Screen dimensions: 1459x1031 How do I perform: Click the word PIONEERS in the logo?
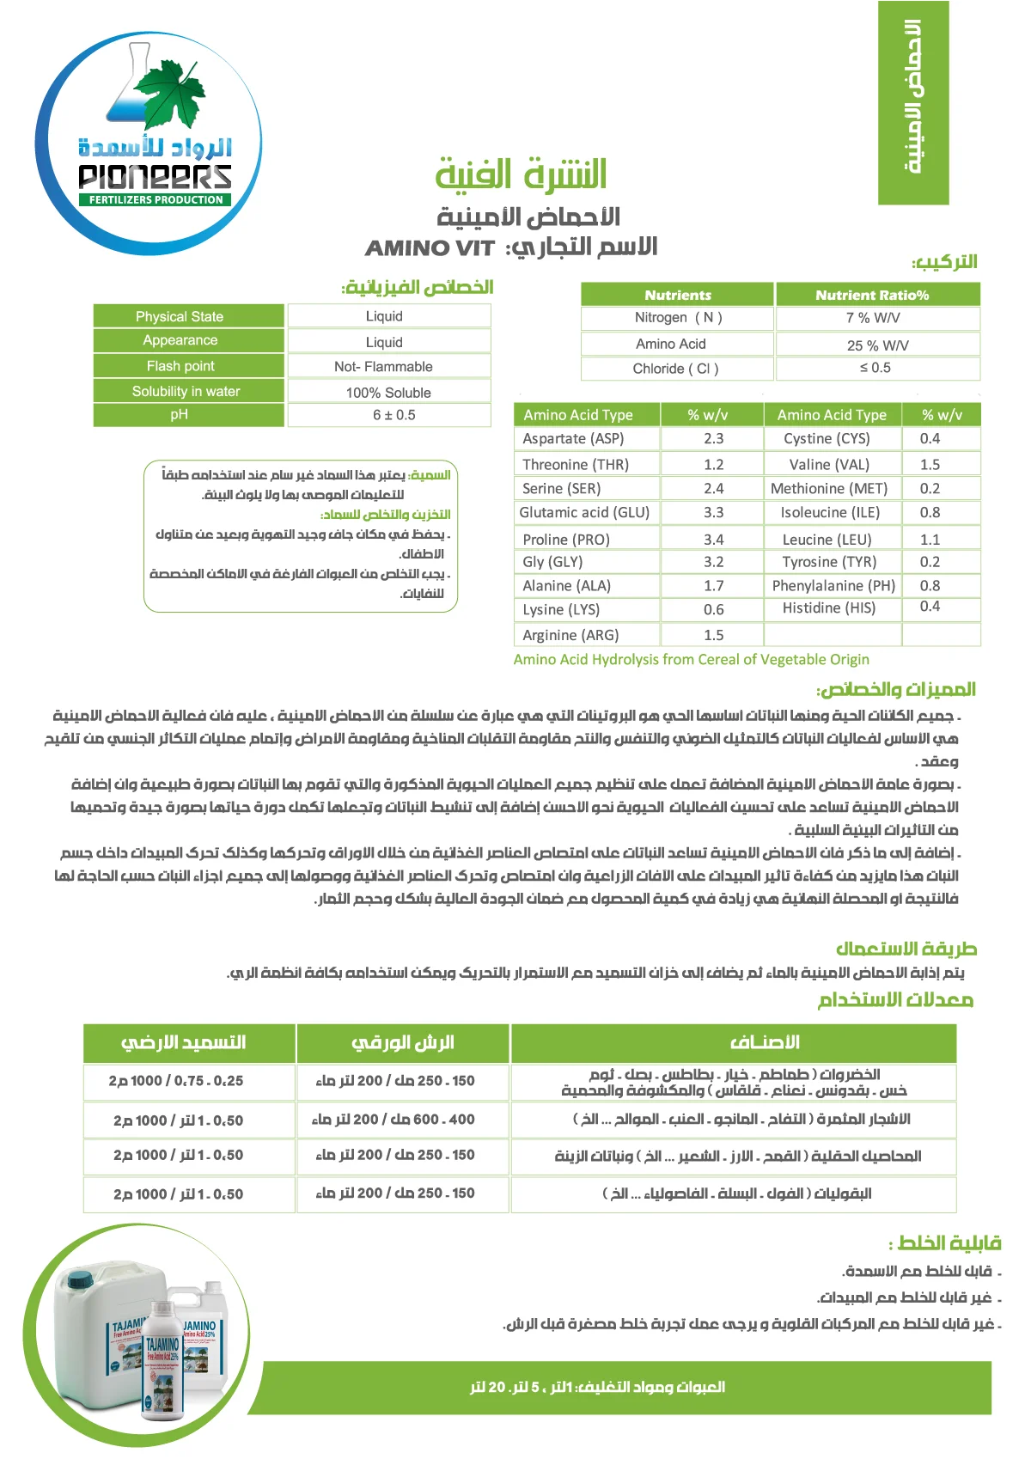155,176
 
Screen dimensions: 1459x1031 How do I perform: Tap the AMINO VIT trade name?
430,248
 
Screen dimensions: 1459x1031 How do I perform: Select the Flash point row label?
180,366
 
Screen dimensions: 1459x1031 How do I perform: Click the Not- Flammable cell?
383,367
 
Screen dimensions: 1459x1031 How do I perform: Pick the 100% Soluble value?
388,393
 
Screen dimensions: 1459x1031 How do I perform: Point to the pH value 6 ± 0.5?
393,415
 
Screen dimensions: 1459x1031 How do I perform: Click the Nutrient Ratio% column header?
872,295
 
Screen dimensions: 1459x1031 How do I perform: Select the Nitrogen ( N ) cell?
678,317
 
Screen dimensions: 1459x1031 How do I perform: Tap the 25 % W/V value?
877,345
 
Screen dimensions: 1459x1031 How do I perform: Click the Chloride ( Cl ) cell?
675,369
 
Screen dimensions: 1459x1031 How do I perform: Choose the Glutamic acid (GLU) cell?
584,512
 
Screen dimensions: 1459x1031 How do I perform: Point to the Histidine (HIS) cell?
829,607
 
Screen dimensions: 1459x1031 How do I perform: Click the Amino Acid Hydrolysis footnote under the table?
691,659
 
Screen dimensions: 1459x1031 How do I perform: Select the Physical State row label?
180,316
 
